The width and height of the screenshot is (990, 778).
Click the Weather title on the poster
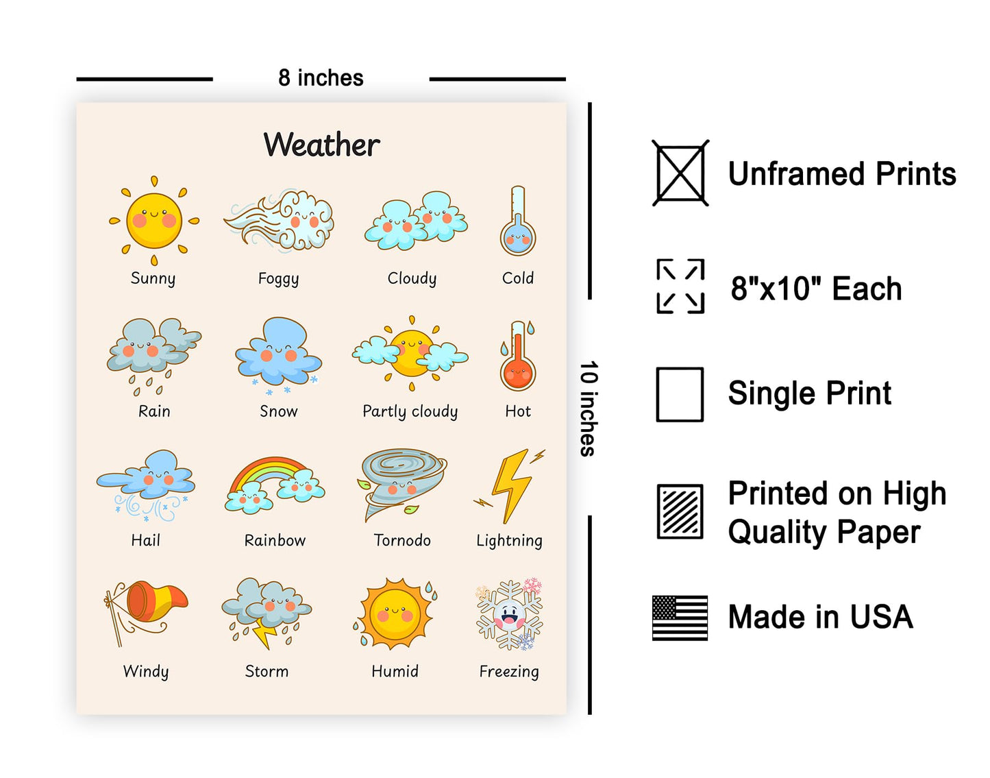[x=321, y=145]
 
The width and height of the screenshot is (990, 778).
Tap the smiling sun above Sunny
[x=154, y=221]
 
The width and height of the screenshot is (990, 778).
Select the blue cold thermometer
[x=518, y=221]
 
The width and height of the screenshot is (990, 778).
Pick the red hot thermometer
[x=518, y=356]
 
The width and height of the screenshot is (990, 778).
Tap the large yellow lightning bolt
[x=512, y=486]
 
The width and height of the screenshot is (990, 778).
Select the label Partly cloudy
[x=410, y=411]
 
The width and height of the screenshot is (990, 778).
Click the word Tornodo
[x=402, y=541]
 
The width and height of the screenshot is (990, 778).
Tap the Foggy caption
[x=278, y=279]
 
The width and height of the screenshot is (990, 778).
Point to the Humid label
[x=395, y=671]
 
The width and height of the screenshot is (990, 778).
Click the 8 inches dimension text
[x=321, y=78]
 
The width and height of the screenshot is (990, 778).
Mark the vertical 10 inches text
[x=589, y=409]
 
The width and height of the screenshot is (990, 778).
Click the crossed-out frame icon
[x=680, y=173]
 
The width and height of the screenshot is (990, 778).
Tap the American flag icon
[x=680, y=618]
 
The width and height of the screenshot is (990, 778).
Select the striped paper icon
[x=680, y=512]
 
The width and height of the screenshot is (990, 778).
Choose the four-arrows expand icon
[x=680, y=287]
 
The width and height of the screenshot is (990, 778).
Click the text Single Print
[x=810, y=393]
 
